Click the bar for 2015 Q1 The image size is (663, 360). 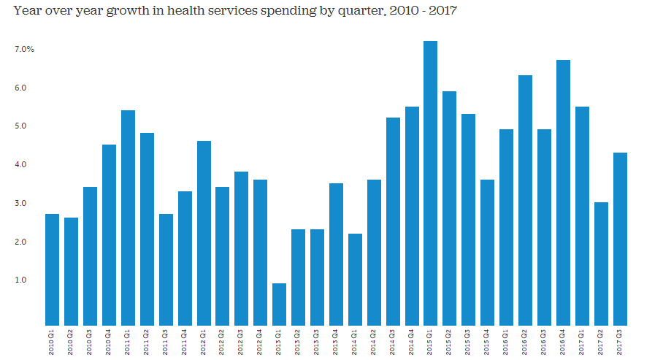pos(431,183)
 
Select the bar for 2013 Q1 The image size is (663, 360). pos(279,304)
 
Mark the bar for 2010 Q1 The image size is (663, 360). pos(52,269)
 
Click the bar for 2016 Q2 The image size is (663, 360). pos(525,200)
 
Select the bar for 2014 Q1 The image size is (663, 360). pos(355,279)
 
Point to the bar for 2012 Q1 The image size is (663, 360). pos(204,233)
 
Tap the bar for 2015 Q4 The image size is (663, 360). pos(488,252)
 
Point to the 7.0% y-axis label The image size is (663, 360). pos(23,49)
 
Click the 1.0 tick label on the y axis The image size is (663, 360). pos(20,280)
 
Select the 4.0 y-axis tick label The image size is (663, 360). pos(20,164)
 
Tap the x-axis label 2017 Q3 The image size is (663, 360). pos(620,342)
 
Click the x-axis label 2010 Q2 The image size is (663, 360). pos(71,342)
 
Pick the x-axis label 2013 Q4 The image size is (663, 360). pos(336,342)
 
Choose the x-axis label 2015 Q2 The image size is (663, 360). pos(450,342)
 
